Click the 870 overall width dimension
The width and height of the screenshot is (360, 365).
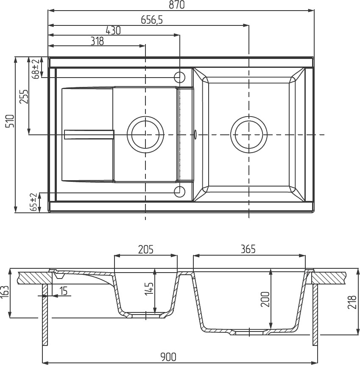click(x=176, y=5)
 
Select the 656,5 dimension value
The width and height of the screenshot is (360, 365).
click(x=152, y=20)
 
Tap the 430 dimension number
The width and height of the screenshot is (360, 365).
click(x=113, y=31)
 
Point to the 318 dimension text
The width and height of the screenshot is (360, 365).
click(x=97, y=42)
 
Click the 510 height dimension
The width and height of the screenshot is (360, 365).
click(x=10, y=121)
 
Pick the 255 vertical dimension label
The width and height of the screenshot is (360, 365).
click(x=24, y=97)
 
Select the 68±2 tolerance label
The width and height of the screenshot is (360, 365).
click(x=36, y=69)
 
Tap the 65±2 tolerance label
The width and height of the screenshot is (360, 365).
click(x=34, y=202)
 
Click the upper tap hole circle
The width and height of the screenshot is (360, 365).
click(x=179, y=77)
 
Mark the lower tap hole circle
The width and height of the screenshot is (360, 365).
click(x=179, y=191)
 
